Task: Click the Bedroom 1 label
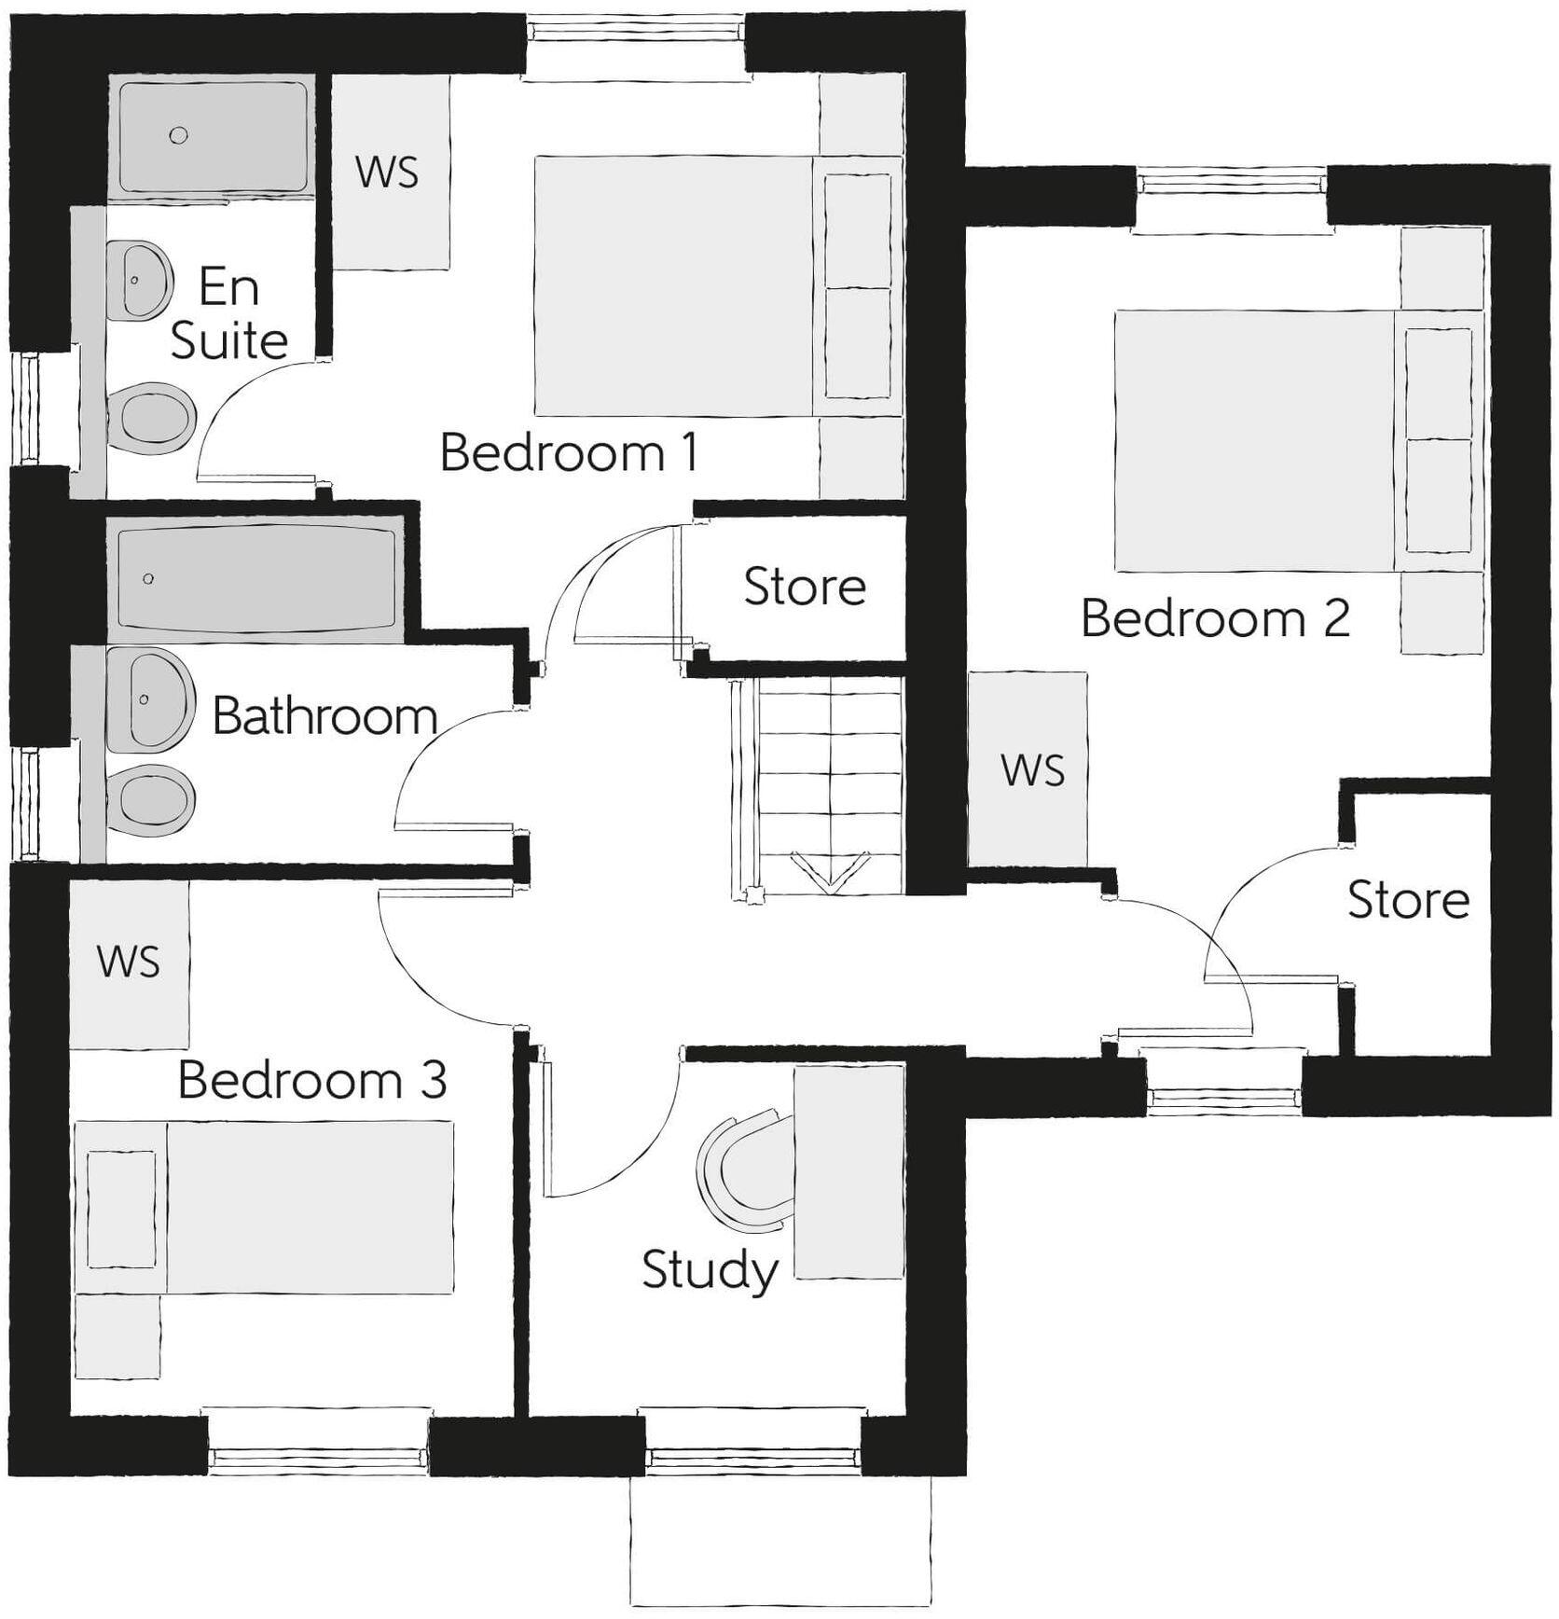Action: (568, 453)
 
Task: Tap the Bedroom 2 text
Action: (1214, 618)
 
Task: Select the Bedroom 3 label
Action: (311, 1080)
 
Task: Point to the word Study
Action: (710, 1270)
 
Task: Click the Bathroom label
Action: (324, 716)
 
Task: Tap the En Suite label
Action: (228, 313)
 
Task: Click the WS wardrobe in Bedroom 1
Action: (390, 173)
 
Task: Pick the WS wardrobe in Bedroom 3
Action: (130, 962)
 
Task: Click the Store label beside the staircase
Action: (804, 587)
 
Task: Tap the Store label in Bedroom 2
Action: (1407, 900)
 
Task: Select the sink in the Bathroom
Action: (149, 699)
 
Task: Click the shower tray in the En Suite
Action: (213, 137)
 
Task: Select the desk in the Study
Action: (848, 1172)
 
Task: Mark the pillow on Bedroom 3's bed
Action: (121, 1209)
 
